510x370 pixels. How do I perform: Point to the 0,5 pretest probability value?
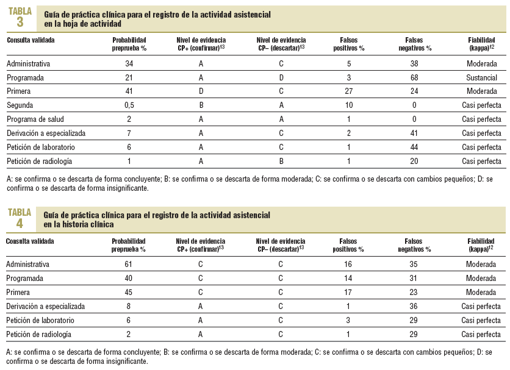pyautogui.click(x=129, y=105)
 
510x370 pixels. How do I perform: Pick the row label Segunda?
pyautogui.click(x=21, y=105)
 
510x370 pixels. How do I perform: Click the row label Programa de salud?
pyautogui.click(x=35, y=119)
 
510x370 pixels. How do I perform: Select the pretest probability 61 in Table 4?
pyautogui.click(x=129, y=265)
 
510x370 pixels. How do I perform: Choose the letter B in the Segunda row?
pyautogui.click(x=201, y=105)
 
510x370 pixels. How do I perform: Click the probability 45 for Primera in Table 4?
pyautogui.click(x=129, y=292)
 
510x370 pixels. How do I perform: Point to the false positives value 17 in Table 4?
pyautogui.click(x=348, y=292)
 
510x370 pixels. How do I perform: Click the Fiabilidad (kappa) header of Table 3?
pyautogui.click(x=481, y=43)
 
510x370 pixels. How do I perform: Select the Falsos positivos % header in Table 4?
pyautogui.click(x=348, y=245)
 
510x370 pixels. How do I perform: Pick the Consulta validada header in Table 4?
pyautogui.click(x=31, y=241)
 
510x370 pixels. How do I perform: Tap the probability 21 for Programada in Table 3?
pyautogui.click(x=129, y=78)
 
